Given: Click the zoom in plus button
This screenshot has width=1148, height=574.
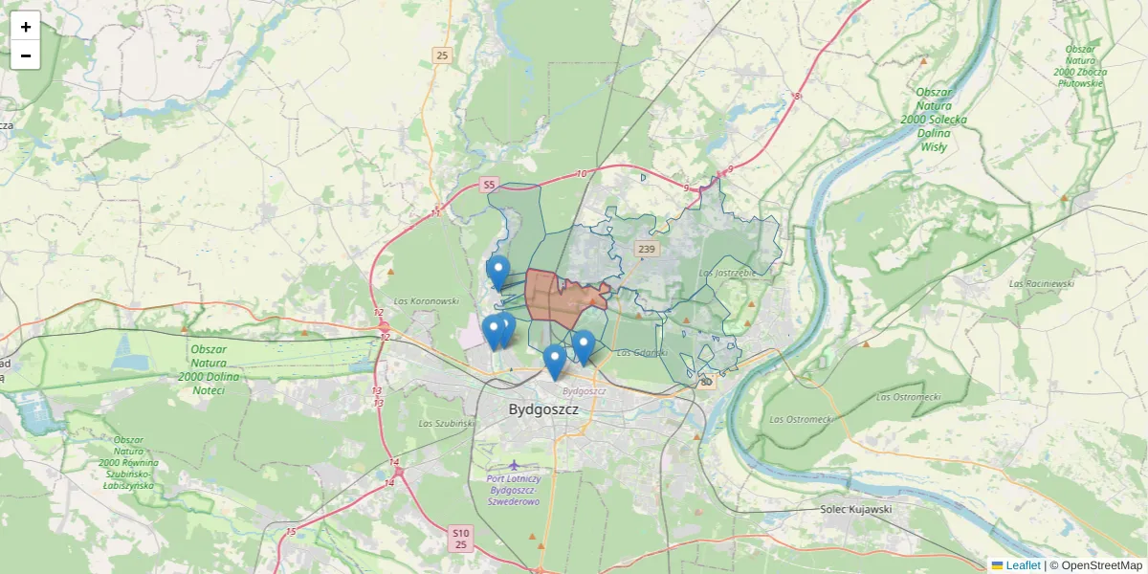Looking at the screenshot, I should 26,27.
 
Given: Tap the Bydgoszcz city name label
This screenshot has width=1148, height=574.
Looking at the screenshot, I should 543,409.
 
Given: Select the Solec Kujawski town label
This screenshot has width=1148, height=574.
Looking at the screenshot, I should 855,509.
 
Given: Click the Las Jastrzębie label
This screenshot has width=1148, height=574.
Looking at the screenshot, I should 728,273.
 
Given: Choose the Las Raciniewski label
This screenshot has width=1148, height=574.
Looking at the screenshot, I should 1041,283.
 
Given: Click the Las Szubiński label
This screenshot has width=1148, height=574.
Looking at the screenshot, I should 446,422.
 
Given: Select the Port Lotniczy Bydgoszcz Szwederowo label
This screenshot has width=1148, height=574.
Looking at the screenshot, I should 514,489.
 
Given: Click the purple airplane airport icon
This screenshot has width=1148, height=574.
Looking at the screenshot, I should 515,466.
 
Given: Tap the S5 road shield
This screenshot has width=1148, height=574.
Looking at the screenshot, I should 489,185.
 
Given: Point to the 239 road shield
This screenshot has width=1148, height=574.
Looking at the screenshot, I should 647,250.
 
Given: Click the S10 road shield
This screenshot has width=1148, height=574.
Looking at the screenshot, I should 461,532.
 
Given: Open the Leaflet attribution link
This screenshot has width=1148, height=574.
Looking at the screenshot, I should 1022,565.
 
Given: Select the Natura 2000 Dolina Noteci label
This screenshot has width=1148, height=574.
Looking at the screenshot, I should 214,369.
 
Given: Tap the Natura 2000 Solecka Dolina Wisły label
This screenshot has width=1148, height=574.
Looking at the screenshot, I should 934,120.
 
